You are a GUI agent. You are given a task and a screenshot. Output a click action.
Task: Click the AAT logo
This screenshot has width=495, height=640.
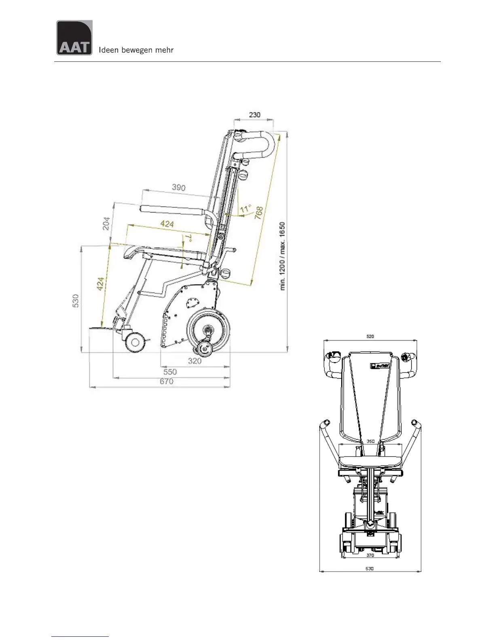point(74,38)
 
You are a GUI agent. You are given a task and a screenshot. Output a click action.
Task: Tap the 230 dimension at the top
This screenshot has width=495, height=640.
point(254,115)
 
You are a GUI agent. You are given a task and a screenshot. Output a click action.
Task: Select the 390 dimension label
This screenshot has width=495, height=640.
point(178,187)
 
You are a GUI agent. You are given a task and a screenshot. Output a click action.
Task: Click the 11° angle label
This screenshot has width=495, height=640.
point(245,209)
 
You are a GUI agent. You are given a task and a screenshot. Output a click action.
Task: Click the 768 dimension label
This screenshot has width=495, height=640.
point(259,213)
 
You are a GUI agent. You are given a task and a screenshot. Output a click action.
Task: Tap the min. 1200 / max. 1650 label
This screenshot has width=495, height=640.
point(283,256)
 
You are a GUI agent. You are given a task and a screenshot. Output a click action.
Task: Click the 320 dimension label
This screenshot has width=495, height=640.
point(195,361)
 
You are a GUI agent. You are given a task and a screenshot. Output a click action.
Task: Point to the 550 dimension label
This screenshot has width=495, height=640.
point(170,372)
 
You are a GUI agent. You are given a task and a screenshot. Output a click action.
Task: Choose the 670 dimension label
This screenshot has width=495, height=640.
point(166,381)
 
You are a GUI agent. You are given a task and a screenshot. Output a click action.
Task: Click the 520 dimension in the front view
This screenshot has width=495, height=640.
point(370,336)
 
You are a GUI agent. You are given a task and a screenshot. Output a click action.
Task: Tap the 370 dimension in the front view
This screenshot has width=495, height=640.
point(370,555)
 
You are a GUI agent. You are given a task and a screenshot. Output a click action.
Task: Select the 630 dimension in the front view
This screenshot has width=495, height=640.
point(370,568)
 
